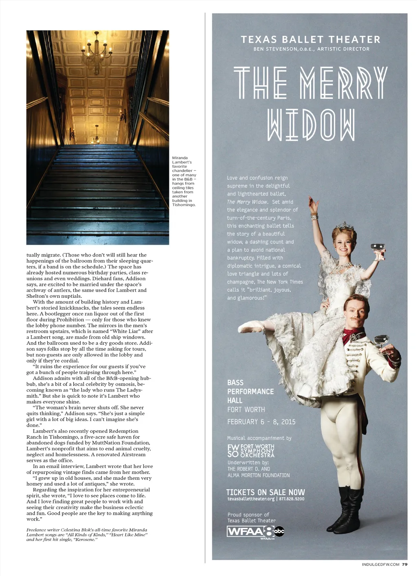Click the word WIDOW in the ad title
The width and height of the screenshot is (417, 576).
(x=311, y=125)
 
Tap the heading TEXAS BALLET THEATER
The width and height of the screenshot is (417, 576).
(x=310, y=40)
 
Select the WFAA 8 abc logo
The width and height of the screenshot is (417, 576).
(x=255, y=531)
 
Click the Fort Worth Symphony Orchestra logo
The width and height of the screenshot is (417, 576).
(x=251, y=451)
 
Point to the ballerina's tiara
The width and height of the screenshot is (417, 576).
(x=345, y=226)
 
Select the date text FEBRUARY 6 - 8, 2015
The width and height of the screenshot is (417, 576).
(x=261, y=422)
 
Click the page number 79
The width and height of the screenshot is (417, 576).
(x=404, y=565)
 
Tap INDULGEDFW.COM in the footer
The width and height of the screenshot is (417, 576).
(x=380, y=565)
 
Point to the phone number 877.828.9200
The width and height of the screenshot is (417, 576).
(x=292, y=499)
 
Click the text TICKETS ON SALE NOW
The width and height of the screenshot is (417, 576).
(x=266, y=492)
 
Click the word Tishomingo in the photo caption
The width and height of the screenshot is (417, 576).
(x=184, y=205)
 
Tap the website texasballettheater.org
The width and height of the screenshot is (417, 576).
(x=251, y=499)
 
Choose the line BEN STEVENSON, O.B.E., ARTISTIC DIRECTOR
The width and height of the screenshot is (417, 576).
(x=311, y=49)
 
